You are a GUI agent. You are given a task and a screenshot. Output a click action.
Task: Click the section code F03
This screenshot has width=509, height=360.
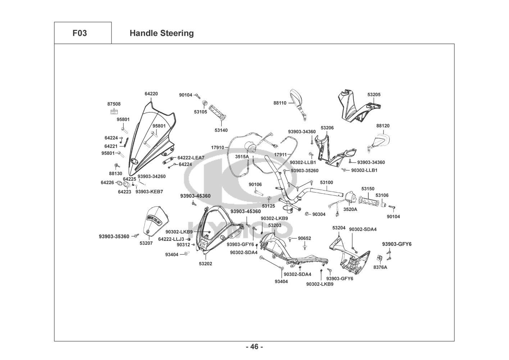[79, 33]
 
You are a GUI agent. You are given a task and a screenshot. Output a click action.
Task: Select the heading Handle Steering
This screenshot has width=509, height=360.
[162, 33]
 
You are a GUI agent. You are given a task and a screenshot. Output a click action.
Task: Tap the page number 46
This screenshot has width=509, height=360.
[254, 347]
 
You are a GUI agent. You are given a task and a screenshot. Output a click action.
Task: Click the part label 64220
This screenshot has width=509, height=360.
[151, 94]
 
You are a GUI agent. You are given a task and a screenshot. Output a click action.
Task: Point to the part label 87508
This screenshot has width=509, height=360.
[114, 104]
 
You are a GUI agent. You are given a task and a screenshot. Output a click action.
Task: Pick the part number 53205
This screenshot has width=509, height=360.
[374, 95]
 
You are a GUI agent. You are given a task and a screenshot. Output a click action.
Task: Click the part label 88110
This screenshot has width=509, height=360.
[280, 103]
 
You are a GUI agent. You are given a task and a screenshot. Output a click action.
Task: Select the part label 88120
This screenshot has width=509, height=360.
[383, 126]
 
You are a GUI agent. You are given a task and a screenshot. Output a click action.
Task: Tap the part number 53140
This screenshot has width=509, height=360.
[221, 130]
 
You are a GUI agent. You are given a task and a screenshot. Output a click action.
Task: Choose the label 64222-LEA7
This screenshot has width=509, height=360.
[191, 158]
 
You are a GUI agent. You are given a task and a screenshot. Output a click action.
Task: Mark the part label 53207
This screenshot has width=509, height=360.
[146, 243]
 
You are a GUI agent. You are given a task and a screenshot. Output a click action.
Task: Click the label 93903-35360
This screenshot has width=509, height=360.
[114, 237]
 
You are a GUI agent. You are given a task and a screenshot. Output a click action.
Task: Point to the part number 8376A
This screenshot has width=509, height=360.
[380, 267]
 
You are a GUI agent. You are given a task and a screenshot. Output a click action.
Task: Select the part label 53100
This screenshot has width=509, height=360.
[326, 183]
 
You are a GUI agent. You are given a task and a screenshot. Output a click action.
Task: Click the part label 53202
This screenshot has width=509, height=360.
[205, 264]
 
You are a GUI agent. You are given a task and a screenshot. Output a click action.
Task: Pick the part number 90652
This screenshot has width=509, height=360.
[304, 238]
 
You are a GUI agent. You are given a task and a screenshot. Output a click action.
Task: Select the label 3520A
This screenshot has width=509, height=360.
[350, 209]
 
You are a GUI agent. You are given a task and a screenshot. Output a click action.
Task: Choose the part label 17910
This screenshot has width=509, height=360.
[218, 148]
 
